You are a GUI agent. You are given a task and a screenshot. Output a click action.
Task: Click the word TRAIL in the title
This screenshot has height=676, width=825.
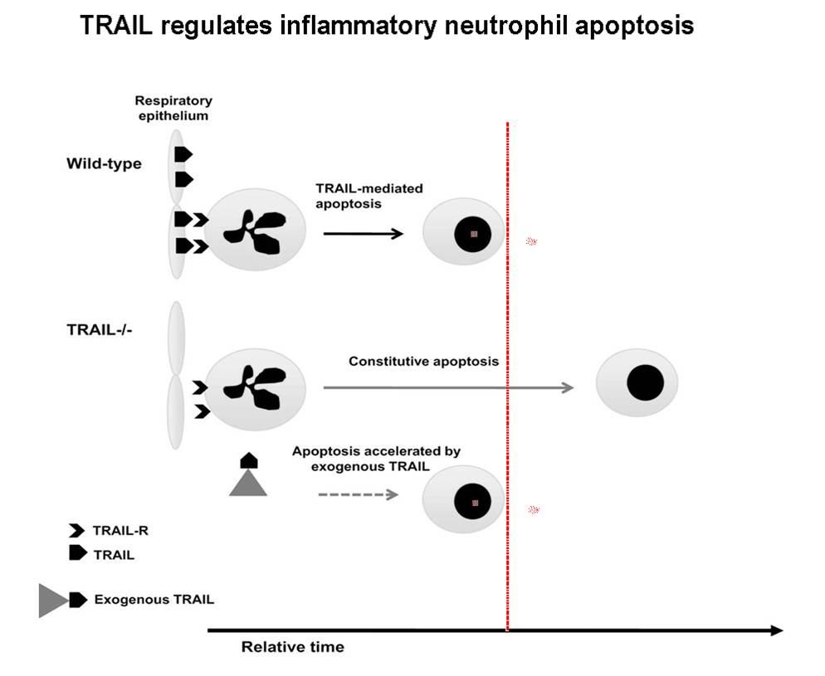115,25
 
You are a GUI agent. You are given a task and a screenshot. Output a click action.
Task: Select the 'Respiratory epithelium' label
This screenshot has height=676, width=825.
173,108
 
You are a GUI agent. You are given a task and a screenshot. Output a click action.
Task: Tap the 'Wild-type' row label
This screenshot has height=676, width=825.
105,163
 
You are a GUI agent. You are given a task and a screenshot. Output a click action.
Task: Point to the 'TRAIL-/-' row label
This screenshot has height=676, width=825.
100,329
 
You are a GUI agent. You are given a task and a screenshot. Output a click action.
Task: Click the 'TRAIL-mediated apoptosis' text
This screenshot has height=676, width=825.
369,196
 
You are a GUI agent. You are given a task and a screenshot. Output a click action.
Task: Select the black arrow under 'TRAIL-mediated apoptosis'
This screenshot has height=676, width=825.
363,233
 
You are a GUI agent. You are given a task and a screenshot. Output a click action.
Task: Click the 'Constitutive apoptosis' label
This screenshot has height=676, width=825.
423,361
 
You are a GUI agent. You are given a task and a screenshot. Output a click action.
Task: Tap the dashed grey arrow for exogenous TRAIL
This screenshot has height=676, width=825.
358,494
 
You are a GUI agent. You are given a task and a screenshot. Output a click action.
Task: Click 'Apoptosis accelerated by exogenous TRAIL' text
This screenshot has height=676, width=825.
376,459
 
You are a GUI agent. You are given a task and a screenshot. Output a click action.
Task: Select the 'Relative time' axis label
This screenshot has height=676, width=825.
292,647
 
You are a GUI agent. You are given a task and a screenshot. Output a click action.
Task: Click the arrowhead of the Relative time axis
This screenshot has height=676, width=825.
777,630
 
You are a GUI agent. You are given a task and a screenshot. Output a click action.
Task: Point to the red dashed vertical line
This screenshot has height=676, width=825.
507,377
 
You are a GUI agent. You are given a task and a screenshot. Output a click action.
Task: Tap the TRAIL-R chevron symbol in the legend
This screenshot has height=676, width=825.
76,530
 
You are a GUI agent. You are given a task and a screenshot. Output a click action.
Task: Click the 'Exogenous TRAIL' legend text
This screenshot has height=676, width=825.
154,599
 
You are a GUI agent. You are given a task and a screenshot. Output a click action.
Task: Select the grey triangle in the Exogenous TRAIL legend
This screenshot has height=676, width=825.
51,601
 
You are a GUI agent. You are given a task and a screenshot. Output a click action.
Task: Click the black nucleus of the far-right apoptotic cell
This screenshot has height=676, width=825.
645,382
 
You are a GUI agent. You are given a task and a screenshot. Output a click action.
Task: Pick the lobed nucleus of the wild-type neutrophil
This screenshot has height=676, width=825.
255,231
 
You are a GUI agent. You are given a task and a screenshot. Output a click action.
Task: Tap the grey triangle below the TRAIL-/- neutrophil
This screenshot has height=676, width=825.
248,483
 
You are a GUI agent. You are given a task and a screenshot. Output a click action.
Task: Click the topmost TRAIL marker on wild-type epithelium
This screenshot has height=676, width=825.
183,154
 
